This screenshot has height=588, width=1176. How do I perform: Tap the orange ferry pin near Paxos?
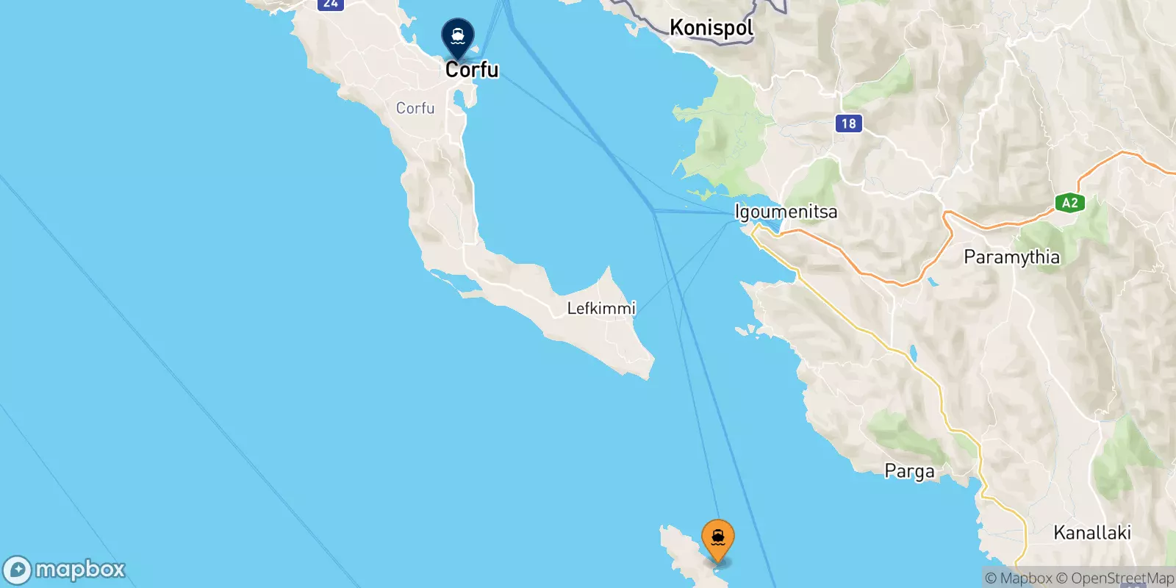(x=717, y=539)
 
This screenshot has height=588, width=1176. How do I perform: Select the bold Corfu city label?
(x=472, y=70)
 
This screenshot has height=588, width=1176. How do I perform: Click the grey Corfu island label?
(x=415, y=108)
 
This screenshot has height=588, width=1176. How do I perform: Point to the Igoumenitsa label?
(x=786, y=212)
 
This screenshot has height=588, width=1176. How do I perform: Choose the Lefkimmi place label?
(x=601, y=308)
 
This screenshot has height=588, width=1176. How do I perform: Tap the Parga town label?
(x=909, y=471)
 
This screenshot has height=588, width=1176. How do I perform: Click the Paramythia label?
(x=1011, y=257)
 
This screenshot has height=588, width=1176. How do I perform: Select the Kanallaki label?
(x=1091, y=533)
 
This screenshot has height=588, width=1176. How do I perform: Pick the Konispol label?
(x=711, y=28)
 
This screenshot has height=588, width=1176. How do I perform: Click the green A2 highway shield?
(x=1069, y=204)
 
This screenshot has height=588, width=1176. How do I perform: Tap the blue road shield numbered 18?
(x=848, y=123)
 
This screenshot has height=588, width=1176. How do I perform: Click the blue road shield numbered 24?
(x=331, y=4)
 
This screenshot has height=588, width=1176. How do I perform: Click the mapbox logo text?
(x=80, y=570)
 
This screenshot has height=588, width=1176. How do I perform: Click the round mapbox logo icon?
(x=17, y=570)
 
